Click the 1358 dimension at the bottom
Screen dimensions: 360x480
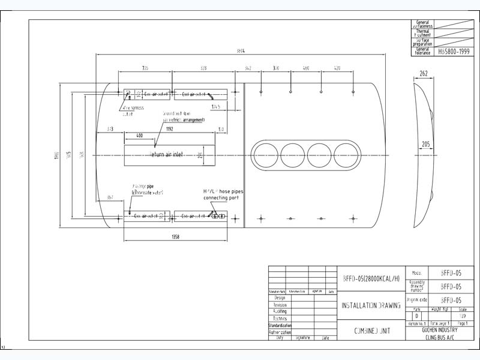click(175, 237)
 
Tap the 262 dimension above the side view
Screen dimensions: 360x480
click(423, 74)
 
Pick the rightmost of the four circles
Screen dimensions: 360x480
click(349, 155)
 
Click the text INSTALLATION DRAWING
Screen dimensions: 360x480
click(371, 305)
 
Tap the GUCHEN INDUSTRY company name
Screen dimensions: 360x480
click(440, 330)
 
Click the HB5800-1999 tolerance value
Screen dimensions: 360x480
click(454, 52)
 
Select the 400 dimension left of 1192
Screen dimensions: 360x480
click(139, 136)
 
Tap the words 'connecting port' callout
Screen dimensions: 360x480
click(221, 197)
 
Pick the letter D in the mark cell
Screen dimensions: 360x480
click(416, 316)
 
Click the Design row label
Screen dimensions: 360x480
click(280, 298)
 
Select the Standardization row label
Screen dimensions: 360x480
click(280, 325)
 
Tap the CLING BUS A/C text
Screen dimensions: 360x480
click(440, 337)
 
